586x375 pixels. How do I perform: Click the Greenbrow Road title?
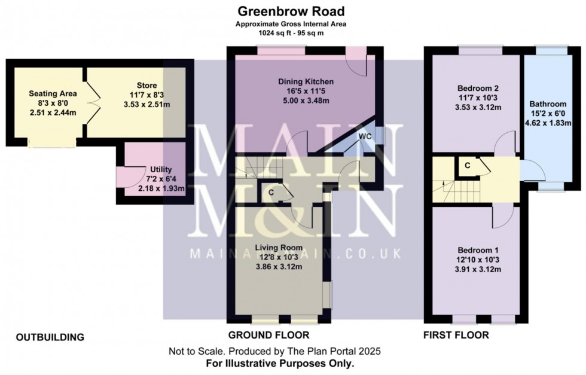pos(291,11)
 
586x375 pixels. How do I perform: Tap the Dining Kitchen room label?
pos(306,81)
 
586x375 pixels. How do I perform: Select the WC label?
pos(365,136)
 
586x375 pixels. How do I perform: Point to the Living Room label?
pos(279,247)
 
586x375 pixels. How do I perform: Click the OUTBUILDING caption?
pos(50,337)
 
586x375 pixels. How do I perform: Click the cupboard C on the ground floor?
pos(271,193)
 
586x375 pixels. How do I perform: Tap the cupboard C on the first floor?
pos(467,164)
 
